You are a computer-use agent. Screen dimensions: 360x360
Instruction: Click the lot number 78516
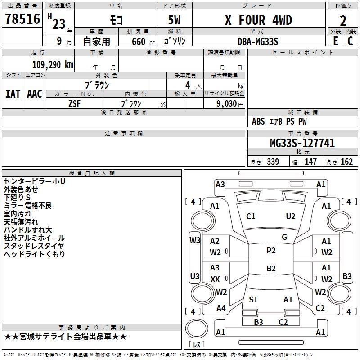pos(22,19)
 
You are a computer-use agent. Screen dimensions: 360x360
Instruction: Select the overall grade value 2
pos(343,21)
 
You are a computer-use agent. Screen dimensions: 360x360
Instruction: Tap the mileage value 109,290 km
pos(53,65)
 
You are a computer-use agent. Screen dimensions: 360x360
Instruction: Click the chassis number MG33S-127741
pos(302,143)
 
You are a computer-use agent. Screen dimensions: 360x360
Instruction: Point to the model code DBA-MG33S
pos(258,41)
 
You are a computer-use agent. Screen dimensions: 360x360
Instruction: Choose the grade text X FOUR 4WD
pos(258,20)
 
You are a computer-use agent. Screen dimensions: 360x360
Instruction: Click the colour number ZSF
pos(74,104)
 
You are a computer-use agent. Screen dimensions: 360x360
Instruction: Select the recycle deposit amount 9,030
pos(226,104)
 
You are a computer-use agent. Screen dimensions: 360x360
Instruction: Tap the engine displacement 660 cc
pos(143,42)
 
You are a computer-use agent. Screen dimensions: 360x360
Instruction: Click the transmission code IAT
pos(13,94)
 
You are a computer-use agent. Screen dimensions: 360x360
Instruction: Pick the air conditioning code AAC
pos(35,94)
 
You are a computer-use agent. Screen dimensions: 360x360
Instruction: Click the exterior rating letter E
pos(336,41)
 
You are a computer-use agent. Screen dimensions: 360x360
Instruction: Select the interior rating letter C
pos(350,41)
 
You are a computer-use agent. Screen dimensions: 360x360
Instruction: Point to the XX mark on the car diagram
pos(215,279)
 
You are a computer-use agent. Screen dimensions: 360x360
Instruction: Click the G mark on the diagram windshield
pos(284,237)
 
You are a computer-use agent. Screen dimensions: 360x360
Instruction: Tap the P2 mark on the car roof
pos(271,251)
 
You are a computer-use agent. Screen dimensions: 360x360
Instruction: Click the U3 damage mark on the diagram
pos(195,276)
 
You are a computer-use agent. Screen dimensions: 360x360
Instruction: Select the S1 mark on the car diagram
pos(253,299)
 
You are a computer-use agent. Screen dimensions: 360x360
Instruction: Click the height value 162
pos(346,162)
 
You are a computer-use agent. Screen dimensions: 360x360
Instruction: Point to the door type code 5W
pos(174,20)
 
